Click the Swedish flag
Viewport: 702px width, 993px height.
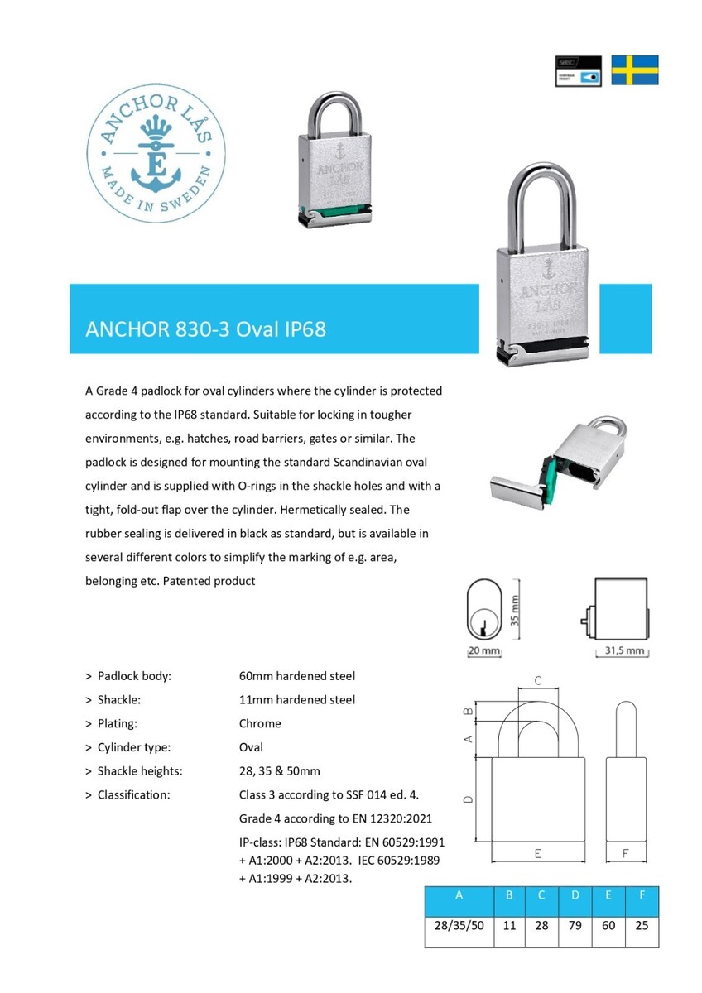click(x=635, y=70)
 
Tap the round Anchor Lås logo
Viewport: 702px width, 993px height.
click(x=151, y=156)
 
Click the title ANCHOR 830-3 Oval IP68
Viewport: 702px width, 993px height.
click(x=206, y=329)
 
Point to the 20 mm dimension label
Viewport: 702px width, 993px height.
click(x=484, y=651)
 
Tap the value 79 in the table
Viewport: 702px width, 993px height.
click(x=575, y=925)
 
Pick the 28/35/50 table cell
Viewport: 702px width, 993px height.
click(x=459, y=925)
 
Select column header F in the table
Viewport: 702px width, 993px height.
click(x=642, y=895)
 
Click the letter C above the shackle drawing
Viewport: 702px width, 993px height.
click(x=538, y=681)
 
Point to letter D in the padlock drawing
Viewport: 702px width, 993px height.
click(x=469, y=799)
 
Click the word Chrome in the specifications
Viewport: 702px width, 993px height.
click(x=260, y=723)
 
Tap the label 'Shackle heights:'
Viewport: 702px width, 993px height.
click(x=139, y=771)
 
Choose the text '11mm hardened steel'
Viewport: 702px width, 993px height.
click(x=297, y=699)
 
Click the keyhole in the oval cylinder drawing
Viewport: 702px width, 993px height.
click(x=480, y=622)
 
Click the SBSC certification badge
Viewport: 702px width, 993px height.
click(x=578, y=70)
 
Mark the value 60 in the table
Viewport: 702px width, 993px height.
click(x=608, y=925)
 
